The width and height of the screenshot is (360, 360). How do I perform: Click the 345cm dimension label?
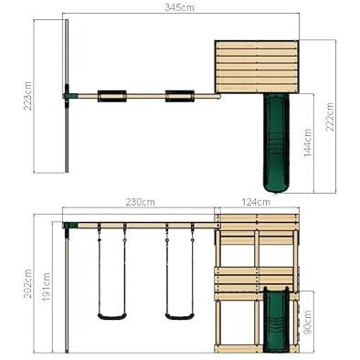[179, 7]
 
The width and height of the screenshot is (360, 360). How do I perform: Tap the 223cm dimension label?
[28, 96]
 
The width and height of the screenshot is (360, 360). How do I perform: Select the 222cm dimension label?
[330, 117]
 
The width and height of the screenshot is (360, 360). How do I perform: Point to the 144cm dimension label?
[308, 143]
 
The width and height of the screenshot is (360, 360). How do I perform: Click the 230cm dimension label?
[141, 202]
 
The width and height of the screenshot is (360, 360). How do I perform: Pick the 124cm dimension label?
[255, 202]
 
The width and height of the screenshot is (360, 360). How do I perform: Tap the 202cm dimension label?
[28, 284]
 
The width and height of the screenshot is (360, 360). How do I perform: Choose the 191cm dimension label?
[47, 287]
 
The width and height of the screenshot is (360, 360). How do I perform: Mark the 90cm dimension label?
[308, 322]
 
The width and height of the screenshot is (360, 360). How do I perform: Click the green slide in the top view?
[276, 143]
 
